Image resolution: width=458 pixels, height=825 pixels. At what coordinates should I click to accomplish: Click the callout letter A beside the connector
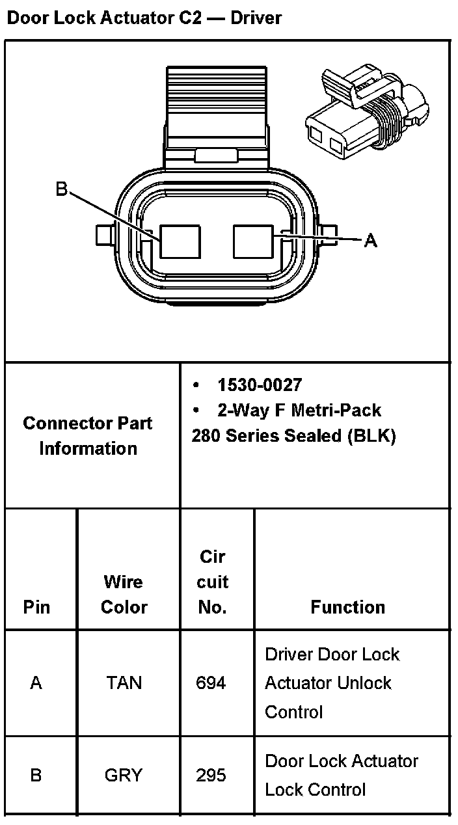[370, 241]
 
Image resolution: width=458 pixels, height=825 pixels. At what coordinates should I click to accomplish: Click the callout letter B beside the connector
[61, 189]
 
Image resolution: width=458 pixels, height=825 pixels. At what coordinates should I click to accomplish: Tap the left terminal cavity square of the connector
[181, 242]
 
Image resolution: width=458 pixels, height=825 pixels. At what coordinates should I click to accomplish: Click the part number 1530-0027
[260, 385]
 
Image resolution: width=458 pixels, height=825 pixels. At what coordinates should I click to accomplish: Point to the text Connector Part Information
[88, 436]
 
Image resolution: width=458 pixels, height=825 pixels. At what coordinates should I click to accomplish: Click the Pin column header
[36, 607]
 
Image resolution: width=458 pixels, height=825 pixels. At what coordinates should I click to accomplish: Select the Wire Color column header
[124, 594]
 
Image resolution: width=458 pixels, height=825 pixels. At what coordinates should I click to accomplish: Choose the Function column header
[347, 607]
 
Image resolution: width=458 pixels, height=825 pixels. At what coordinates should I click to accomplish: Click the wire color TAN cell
[124, 683]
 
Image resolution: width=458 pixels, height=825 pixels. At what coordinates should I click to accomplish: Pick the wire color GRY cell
[124, 776]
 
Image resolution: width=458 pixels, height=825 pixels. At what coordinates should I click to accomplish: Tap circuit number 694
[211, 683]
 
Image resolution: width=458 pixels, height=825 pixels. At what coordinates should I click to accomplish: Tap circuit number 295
[211, 776]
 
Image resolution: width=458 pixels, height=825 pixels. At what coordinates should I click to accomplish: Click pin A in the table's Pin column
[36, 683]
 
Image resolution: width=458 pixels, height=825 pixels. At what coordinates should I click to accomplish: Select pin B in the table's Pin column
[36, 776]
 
